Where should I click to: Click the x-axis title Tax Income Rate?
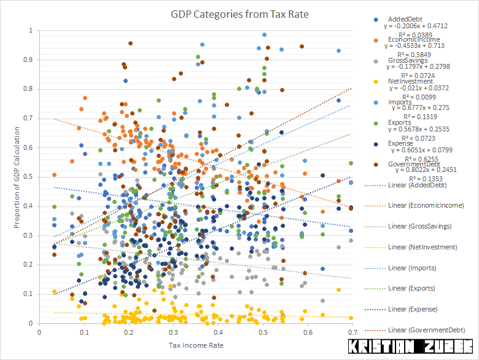[196, 345]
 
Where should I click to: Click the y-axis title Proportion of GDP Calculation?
[17, 178]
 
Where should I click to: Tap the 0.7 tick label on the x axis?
[352, 333]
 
